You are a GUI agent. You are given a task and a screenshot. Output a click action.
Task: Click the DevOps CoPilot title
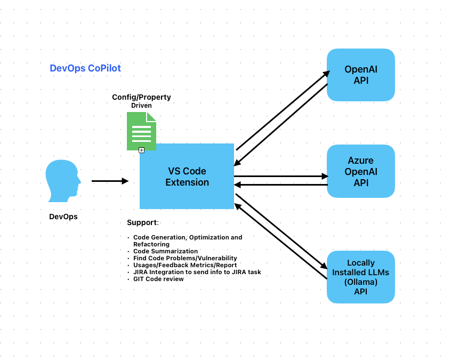tap(85, 68)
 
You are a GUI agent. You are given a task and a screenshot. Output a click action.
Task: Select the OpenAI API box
tap(360, 75)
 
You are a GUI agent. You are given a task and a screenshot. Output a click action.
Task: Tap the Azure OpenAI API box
tap(360, 171)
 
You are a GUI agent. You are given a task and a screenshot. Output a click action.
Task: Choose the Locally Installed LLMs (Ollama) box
tap(360, 277)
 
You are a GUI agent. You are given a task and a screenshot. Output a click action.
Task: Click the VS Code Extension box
tap(187, 177)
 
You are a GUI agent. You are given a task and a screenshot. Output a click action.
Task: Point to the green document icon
tap(141, 131)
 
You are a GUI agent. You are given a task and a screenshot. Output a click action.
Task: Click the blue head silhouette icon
tap(63, 181)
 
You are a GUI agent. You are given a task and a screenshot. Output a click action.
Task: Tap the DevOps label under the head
tap(63, 217)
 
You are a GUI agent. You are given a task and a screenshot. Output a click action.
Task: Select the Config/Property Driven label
tap(141, 101)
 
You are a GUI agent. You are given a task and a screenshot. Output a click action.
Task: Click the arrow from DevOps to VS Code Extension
tap(110, 181)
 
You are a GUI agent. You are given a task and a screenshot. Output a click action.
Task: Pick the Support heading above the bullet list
tap(142, 222)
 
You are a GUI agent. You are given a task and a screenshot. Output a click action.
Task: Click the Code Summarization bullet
tap(165, 251)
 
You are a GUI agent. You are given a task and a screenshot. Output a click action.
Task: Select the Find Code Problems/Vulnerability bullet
tap(185, 258)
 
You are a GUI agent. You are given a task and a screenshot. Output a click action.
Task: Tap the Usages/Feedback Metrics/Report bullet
tap(184, 265)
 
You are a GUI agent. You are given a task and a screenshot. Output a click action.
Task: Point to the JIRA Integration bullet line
tap(197, 272)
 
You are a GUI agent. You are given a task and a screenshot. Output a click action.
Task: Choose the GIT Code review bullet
tap(158, 279)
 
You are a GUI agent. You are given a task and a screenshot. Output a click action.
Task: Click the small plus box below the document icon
tap(141, 150)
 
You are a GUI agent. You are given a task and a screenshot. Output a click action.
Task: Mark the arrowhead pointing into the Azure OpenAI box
tap(325, 176)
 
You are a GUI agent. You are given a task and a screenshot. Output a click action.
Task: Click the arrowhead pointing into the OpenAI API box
tap(326, 74)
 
